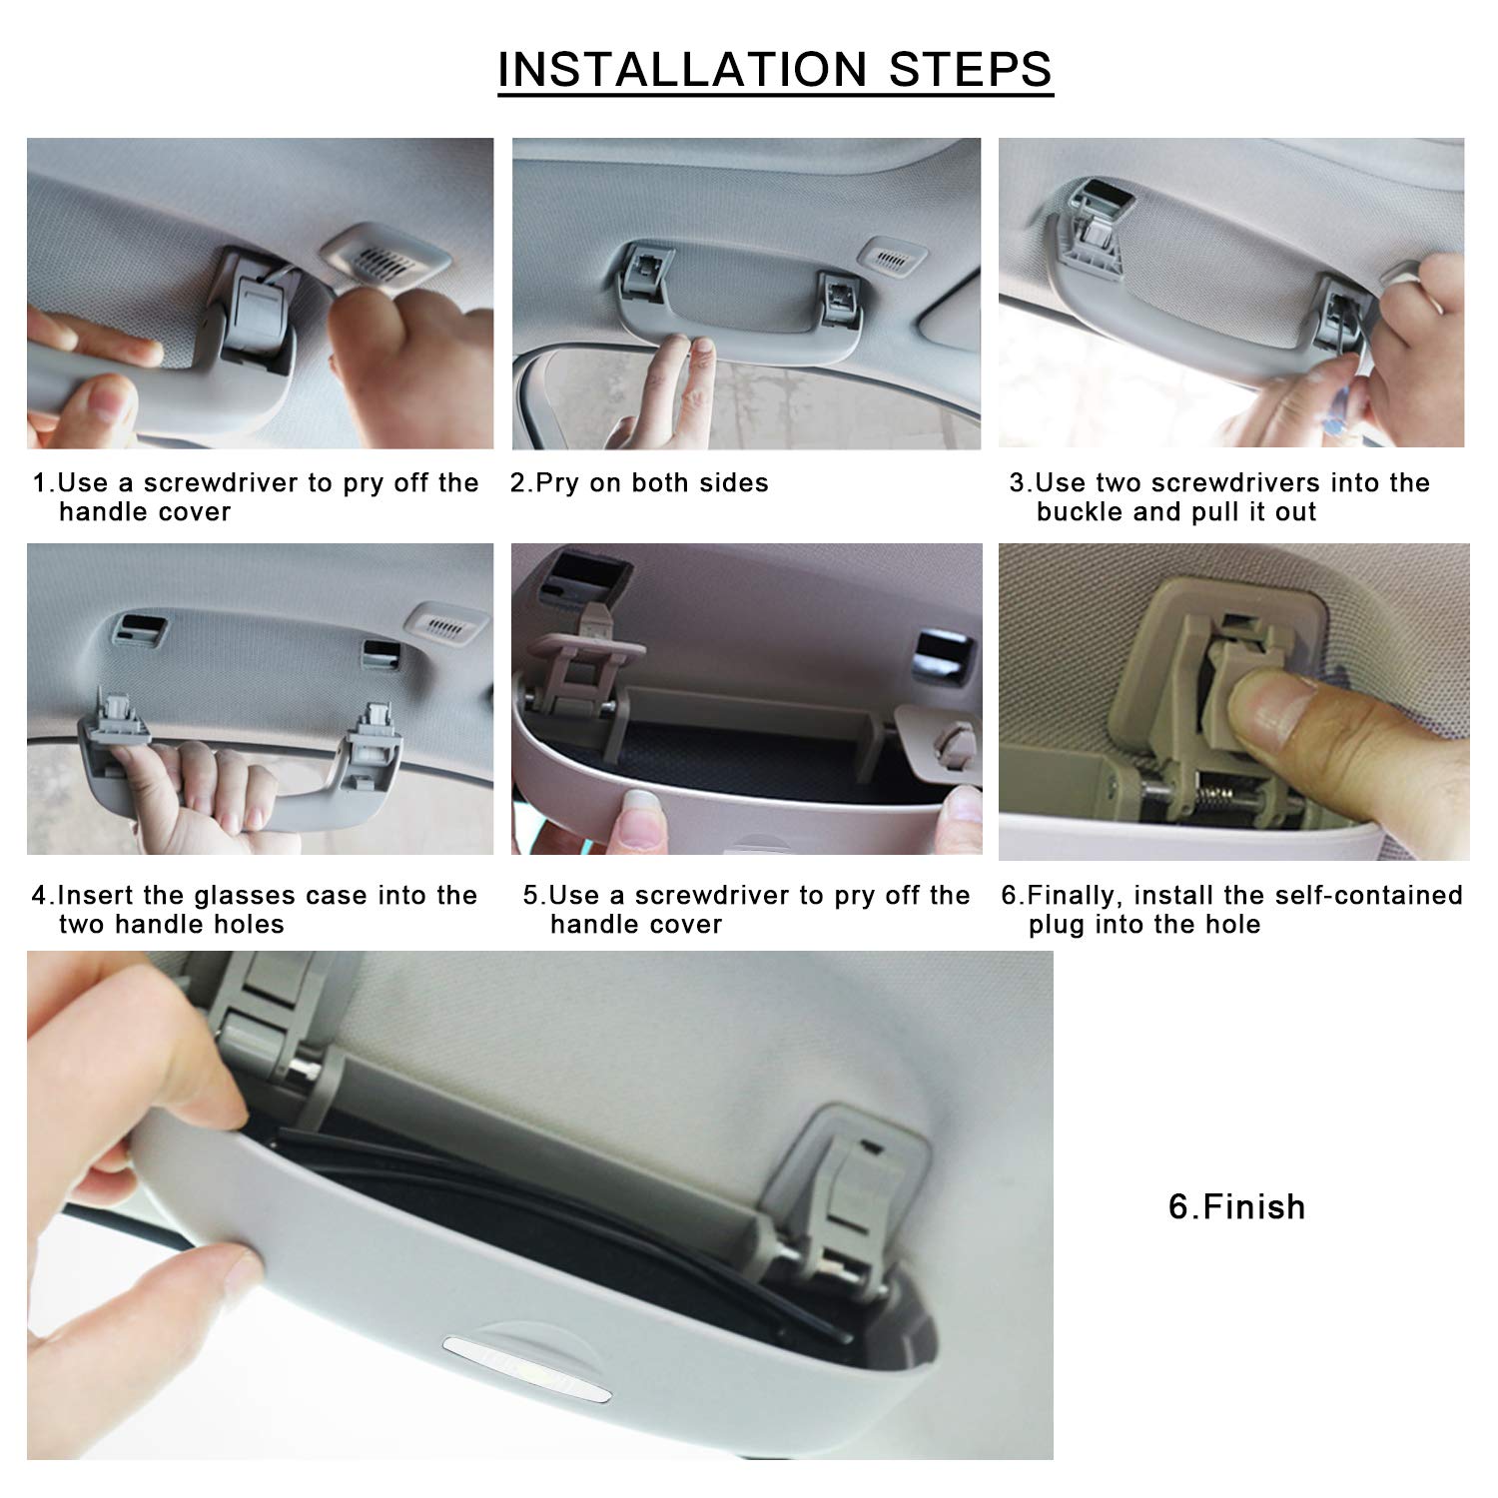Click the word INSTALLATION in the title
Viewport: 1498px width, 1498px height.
[682, 69]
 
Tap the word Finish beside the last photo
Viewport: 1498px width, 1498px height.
[1254, 1206]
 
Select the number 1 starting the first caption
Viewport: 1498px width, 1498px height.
[40, 483]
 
